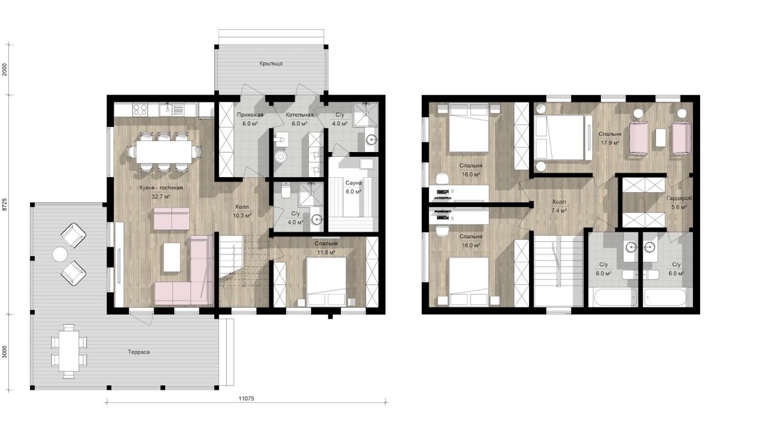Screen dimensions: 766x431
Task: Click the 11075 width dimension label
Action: pyautogui.click(x=246, y=399)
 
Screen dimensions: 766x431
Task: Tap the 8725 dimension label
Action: pyautogui.click(x=5, y=204)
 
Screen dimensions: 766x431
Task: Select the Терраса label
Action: pyautogui.click(x=139, y=352)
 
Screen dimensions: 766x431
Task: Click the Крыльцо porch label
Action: pyautogui.click(x=271, y=63)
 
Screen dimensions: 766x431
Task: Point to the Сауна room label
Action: pyautogui.click(x=353, y=183)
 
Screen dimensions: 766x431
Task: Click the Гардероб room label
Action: pyautogui.click(x=679, y=198)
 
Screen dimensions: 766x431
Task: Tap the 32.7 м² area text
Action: pyautogui.click(x=161, y=197)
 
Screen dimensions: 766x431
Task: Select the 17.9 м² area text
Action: pyautogui.click(x=610, y=143)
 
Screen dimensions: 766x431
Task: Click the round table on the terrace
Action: pyautogui.click(x=60, y=254)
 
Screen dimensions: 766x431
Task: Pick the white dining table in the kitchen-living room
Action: pyautogui.click(x=164, y=152)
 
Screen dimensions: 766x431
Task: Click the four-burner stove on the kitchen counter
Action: pyautogui.click(x=140, y=110)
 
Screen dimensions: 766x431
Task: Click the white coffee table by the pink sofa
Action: pyautogui.click(x=172, y=257)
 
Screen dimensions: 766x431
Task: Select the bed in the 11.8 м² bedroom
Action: pyautogui.click(x=326, y=281)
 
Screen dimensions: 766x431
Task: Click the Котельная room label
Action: pyautogui.click(x=300, y=115)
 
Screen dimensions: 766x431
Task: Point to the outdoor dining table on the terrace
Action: pyautogui.click(x=69, y=351)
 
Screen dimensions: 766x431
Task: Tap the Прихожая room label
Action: pyautogui.click(x=250, y=115)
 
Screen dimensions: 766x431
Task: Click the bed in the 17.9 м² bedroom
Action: pyautogui.click(x=560, y=137)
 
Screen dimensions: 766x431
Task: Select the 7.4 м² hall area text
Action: pyautogui.click(x=559, y=211)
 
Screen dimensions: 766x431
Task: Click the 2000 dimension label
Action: pyautogui.click(x=5, y=70)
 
